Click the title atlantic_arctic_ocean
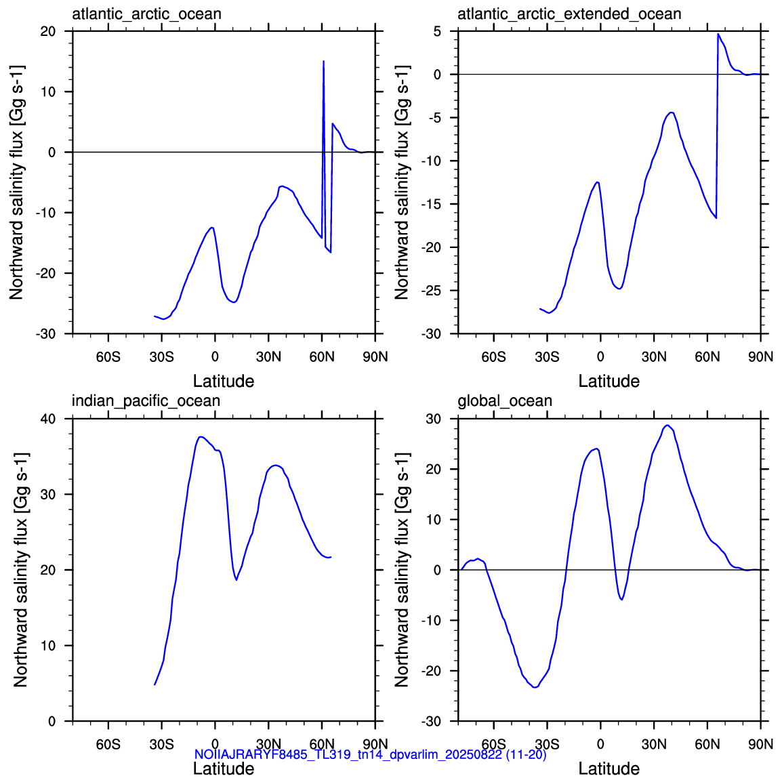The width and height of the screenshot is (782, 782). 146,14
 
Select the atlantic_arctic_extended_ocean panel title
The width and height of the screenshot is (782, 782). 569,14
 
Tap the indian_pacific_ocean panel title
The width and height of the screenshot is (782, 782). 146,401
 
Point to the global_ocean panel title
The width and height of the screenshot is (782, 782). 505,401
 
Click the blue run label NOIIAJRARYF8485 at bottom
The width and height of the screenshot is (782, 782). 370,755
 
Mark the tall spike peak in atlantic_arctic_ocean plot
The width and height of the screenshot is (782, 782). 324,62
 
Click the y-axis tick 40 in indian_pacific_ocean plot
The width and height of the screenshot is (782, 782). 48,419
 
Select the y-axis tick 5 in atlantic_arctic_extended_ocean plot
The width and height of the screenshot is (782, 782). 437,31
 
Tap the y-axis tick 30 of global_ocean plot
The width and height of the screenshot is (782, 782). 434,419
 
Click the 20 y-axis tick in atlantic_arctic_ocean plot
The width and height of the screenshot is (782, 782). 48,31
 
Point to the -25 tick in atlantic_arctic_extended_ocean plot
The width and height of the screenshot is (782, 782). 432,291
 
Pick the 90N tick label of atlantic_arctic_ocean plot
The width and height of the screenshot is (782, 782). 375,357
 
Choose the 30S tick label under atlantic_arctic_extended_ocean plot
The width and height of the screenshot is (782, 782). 547,357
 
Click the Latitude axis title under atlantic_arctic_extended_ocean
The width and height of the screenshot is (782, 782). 609,382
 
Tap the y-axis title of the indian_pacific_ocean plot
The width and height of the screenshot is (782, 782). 20,570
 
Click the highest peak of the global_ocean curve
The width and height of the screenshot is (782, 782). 667,426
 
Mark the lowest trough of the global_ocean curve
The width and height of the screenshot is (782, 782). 535,687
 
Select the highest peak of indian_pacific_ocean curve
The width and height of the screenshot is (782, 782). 201,437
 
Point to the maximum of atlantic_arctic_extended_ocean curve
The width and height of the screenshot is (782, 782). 718,34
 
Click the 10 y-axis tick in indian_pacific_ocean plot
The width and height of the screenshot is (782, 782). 48,646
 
